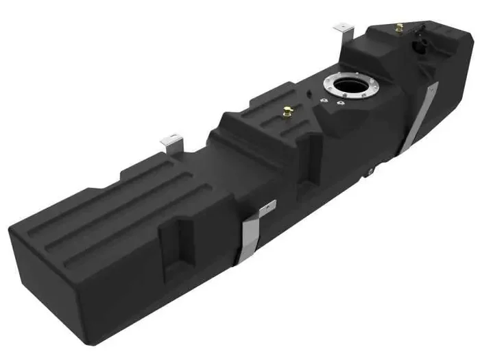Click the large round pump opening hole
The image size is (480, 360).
348,88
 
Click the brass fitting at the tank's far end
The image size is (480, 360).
398,28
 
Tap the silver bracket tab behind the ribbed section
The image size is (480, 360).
169,142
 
